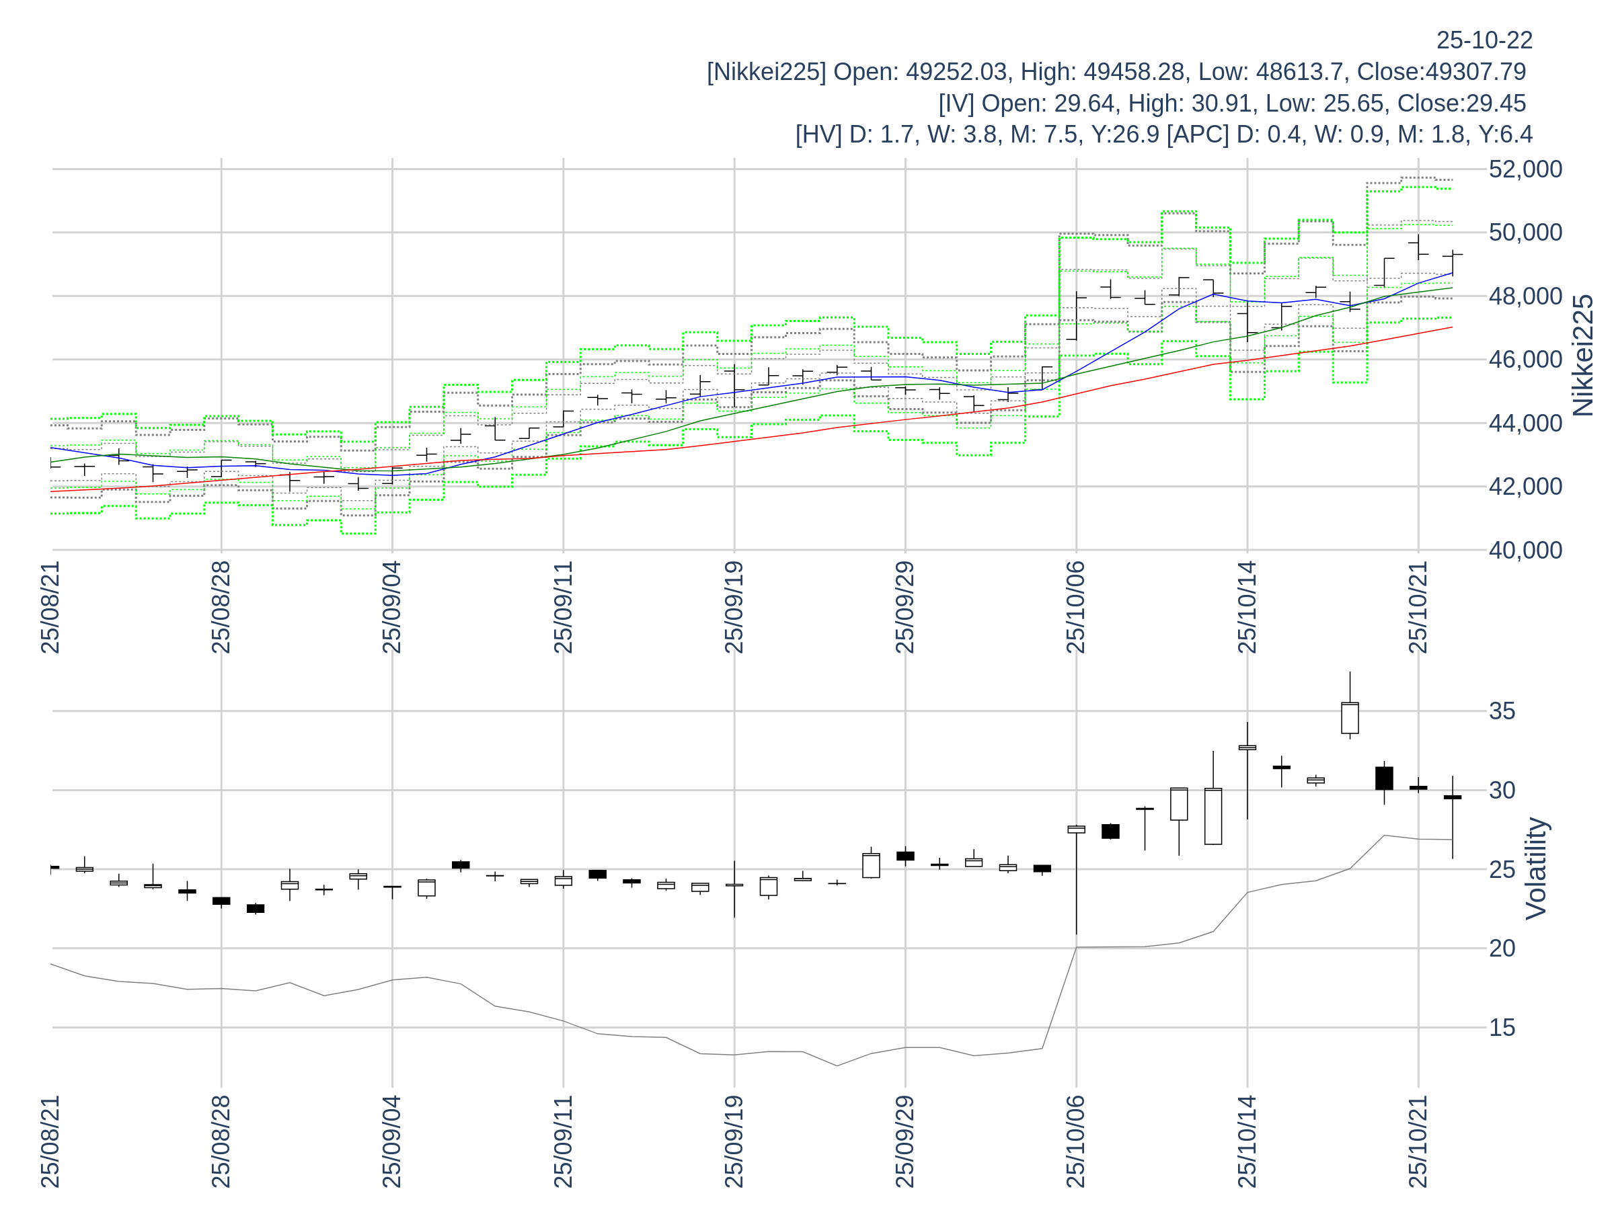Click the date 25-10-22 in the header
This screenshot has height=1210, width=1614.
(x=1484, y=40)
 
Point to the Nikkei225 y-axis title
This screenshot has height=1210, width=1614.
(x=1582, y=355)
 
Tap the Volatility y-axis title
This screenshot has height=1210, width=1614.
(x=1536, y=868)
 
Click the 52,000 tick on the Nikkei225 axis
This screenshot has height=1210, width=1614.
(x=1525, y=169)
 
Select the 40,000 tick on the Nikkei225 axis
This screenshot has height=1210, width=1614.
(x=1525, y=550)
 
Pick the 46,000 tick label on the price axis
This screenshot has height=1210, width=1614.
(x=1525, y=360)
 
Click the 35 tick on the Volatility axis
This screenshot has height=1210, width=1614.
(x=1502, y=711)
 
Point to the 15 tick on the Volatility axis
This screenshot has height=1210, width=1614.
(x=1502, y=1028)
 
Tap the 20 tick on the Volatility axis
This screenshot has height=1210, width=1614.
(x=1502, y=948)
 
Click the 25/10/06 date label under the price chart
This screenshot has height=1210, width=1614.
(x=1076, y=608)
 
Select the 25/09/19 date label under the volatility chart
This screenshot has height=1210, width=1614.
(x=734, y=1141)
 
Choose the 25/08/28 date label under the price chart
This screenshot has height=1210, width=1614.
(x=221, y=608)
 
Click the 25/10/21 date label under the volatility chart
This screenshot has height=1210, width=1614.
(x=1418, y=1141)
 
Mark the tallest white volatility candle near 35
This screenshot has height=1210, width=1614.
(x=1350, y=718)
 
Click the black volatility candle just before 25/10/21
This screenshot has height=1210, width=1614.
(x=1384, y=778)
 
